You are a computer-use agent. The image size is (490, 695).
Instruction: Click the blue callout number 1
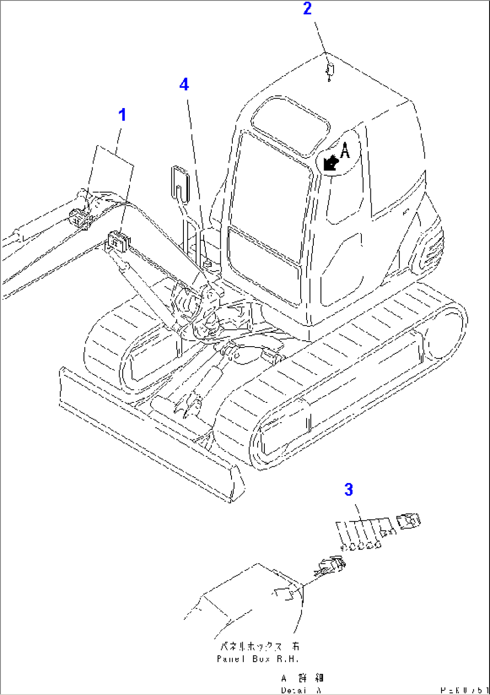click(122, 115)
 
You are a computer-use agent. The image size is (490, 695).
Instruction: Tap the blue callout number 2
click(307, 9)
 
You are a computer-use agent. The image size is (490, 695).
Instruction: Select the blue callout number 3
click(349, 490)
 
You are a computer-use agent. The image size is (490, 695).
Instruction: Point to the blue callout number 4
click(184, 84)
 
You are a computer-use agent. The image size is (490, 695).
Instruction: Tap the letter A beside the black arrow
click(345, 150)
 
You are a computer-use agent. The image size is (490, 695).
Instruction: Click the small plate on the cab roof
click(330, 70)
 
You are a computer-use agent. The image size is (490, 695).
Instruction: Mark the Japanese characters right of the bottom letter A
click(310, 678)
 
